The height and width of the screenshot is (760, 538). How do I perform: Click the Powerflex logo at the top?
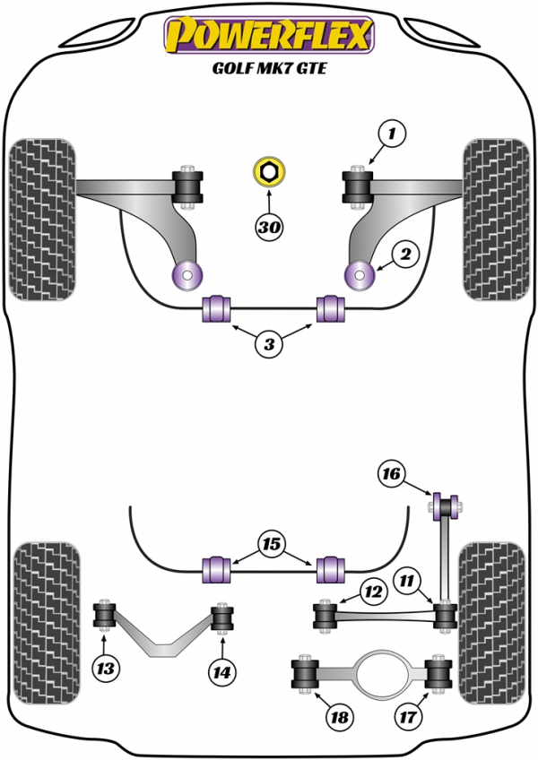click(x=269, y=34)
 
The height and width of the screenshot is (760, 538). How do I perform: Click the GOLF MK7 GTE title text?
click(x=269, y=68)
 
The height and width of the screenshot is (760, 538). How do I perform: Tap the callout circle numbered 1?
click(x=392, y=133)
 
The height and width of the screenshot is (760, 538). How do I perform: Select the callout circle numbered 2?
click(x=405, y=254)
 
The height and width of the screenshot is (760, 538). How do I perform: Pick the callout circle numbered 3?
click(x=269, y=344)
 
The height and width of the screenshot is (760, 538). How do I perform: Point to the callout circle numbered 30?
click(x=269, y=227)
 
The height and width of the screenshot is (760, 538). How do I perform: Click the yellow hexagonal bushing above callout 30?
click(x=269, y=171)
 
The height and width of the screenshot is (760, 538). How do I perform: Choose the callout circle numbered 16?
click(x=391, y=473)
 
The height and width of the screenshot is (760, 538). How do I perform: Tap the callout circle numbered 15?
click(x=271, y=544)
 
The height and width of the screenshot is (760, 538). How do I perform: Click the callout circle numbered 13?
click(x=105, y=669)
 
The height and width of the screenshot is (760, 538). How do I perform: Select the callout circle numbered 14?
click(x=222, y=672)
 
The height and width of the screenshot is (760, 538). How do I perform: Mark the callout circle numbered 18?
click(x=339, y=716)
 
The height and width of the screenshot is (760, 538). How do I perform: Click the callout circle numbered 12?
click(x=373, y=592)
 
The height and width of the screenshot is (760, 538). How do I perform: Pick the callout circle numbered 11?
click(x=406, y=580)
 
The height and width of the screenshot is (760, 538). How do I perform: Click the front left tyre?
click(x=43, y=220)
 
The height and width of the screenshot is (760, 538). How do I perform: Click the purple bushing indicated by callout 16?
click(x=445, y=506)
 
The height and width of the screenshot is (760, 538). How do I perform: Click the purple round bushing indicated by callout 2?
click(x=359, y=275)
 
